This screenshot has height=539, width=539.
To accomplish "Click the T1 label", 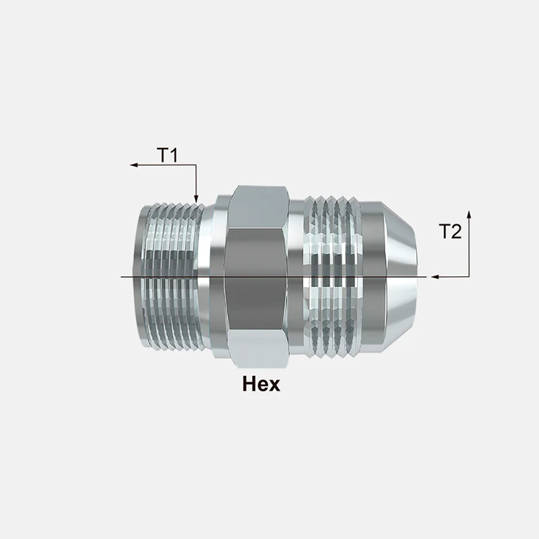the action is pos(168,155).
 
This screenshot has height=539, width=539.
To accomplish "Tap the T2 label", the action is pos(450,231).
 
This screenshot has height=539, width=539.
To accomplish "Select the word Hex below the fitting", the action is pos(261,383).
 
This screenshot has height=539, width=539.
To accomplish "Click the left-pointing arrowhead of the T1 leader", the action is pos(133,165).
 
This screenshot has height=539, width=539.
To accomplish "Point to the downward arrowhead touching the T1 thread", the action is pos(196,199).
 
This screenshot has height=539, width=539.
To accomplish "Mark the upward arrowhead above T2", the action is pos(469,214).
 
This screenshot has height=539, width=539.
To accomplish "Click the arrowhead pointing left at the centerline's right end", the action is pos(435,276).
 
